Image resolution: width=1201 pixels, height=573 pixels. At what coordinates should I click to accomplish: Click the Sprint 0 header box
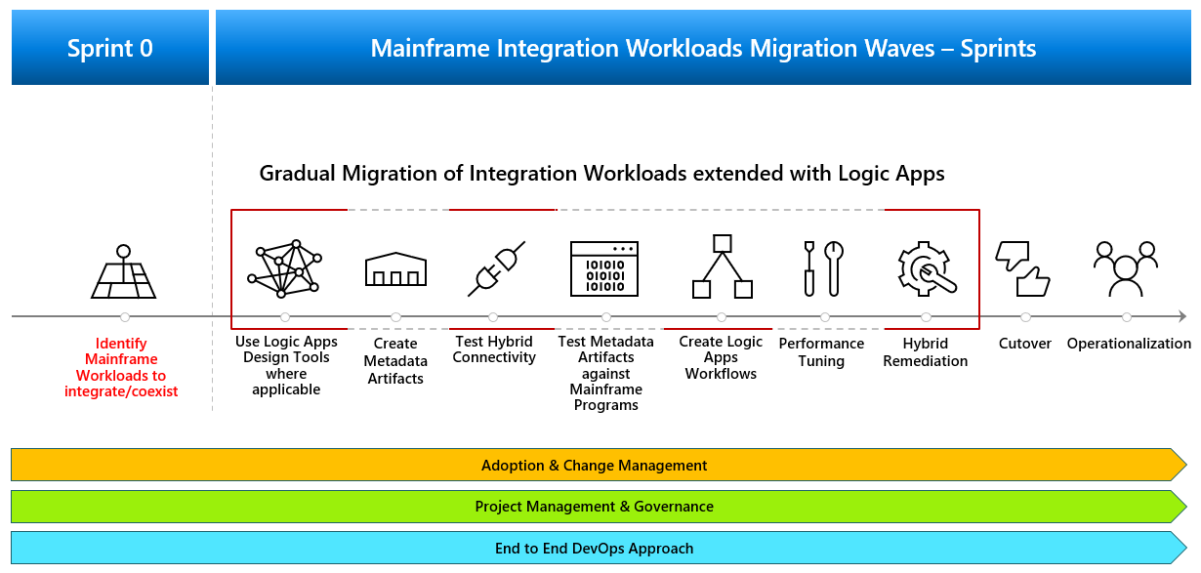(110, 48)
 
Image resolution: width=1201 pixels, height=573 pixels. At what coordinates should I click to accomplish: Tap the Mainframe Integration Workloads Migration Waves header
(702, 48)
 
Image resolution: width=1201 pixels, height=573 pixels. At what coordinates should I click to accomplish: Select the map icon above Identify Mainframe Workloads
(123, 272)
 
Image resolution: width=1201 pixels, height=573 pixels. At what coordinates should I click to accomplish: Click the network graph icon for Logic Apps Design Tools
(285, 268)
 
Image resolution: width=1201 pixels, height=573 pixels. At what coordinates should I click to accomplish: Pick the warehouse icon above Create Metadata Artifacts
(395, 268)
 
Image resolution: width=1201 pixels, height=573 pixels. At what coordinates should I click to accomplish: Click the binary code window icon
(604, 267)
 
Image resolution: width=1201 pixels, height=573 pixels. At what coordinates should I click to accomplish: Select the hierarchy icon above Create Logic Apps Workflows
(722, 266)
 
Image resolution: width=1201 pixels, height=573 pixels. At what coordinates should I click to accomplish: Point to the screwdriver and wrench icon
(822, 268)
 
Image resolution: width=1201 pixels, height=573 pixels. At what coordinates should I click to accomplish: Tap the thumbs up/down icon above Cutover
(1021, 268)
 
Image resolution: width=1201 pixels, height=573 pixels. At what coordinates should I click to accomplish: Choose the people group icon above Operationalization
(1126, 268)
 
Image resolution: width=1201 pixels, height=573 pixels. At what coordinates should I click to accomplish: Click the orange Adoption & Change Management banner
(594, 466)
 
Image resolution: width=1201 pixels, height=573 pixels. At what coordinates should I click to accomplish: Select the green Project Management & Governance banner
(594, 507)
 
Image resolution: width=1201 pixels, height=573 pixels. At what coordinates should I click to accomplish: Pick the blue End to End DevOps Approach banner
(594, 549)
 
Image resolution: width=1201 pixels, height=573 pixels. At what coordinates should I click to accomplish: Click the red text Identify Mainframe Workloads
(122, 368)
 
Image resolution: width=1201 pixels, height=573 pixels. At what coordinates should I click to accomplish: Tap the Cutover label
(1025, 344)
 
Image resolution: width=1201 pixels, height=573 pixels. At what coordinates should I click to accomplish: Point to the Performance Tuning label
(821, 352)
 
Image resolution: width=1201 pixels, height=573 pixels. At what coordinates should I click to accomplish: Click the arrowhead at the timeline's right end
(1181, 316)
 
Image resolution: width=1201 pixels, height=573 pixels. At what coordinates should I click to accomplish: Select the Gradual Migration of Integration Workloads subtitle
(601, 174)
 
